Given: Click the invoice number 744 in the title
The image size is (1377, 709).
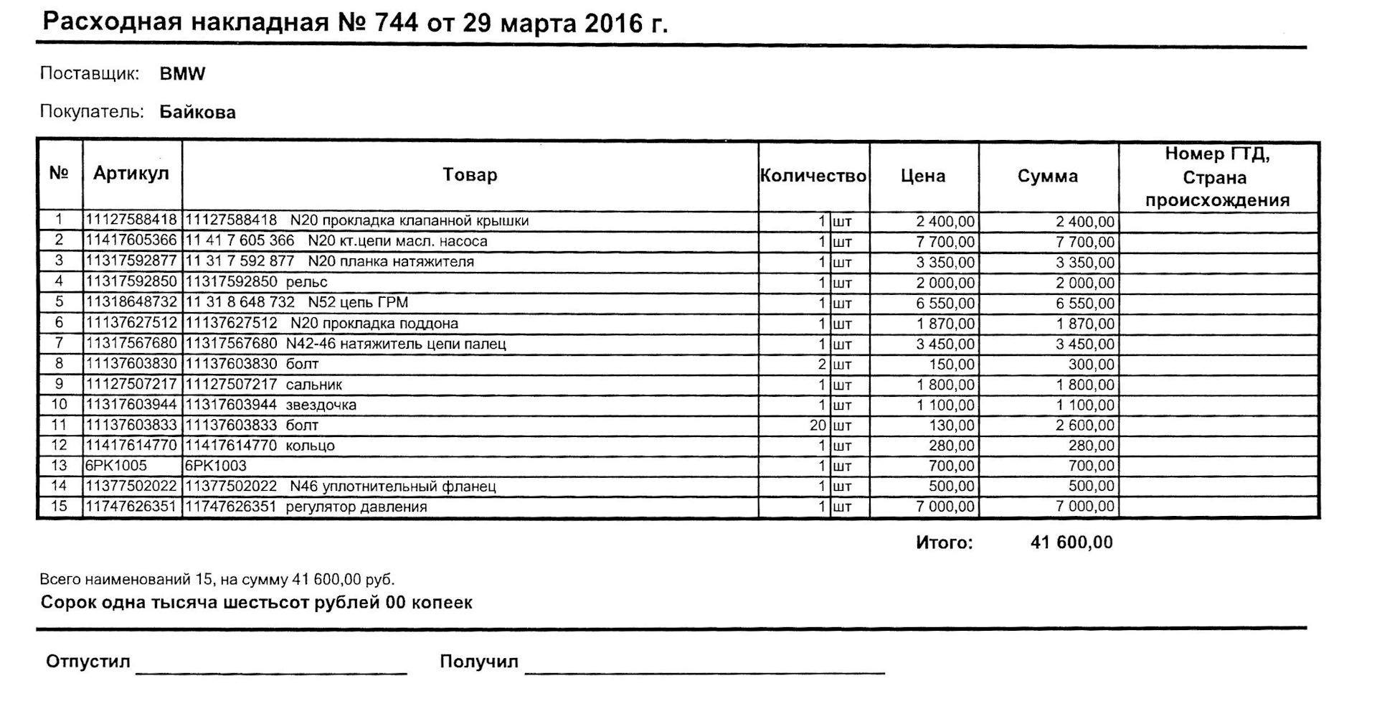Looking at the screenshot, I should [x=395, y=23].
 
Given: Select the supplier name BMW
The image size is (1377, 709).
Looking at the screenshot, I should [x=182, y=74].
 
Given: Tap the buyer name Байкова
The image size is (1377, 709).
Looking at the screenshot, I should [x=197, y=113].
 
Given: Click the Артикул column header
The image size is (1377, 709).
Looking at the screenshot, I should [x=131, y=174].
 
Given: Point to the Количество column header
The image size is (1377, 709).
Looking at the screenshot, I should [x=813, y=176].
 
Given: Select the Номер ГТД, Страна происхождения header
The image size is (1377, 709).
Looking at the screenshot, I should [x=1217, y=177].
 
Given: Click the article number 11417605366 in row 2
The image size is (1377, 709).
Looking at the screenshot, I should [x=131, y=240].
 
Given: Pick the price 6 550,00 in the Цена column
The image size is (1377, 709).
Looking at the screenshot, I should [x=945, y=304].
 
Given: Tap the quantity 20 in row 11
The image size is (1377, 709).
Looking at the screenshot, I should [x=818, y=426].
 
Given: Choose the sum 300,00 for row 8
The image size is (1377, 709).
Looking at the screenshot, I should [x=1091, y=365].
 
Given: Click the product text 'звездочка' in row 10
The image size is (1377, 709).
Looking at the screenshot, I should [x=321, y=405].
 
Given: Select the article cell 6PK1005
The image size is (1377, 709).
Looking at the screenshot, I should [x=116, y=466].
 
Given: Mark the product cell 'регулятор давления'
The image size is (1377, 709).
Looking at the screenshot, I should [x=356, y=507].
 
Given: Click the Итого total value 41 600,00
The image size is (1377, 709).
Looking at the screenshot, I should [x=1071, y=543].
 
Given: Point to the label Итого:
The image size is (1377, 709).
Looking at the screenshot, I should [x=944, y=543].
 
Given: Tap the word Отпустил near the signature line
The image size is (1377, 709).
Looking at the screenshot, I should [x=87, y=661].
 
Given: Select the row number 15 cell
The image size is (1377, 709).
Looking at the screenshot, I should [x=59, y=507].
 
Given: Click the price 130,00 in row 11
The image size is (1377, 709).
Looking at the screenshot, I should [x=952, y=426].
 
